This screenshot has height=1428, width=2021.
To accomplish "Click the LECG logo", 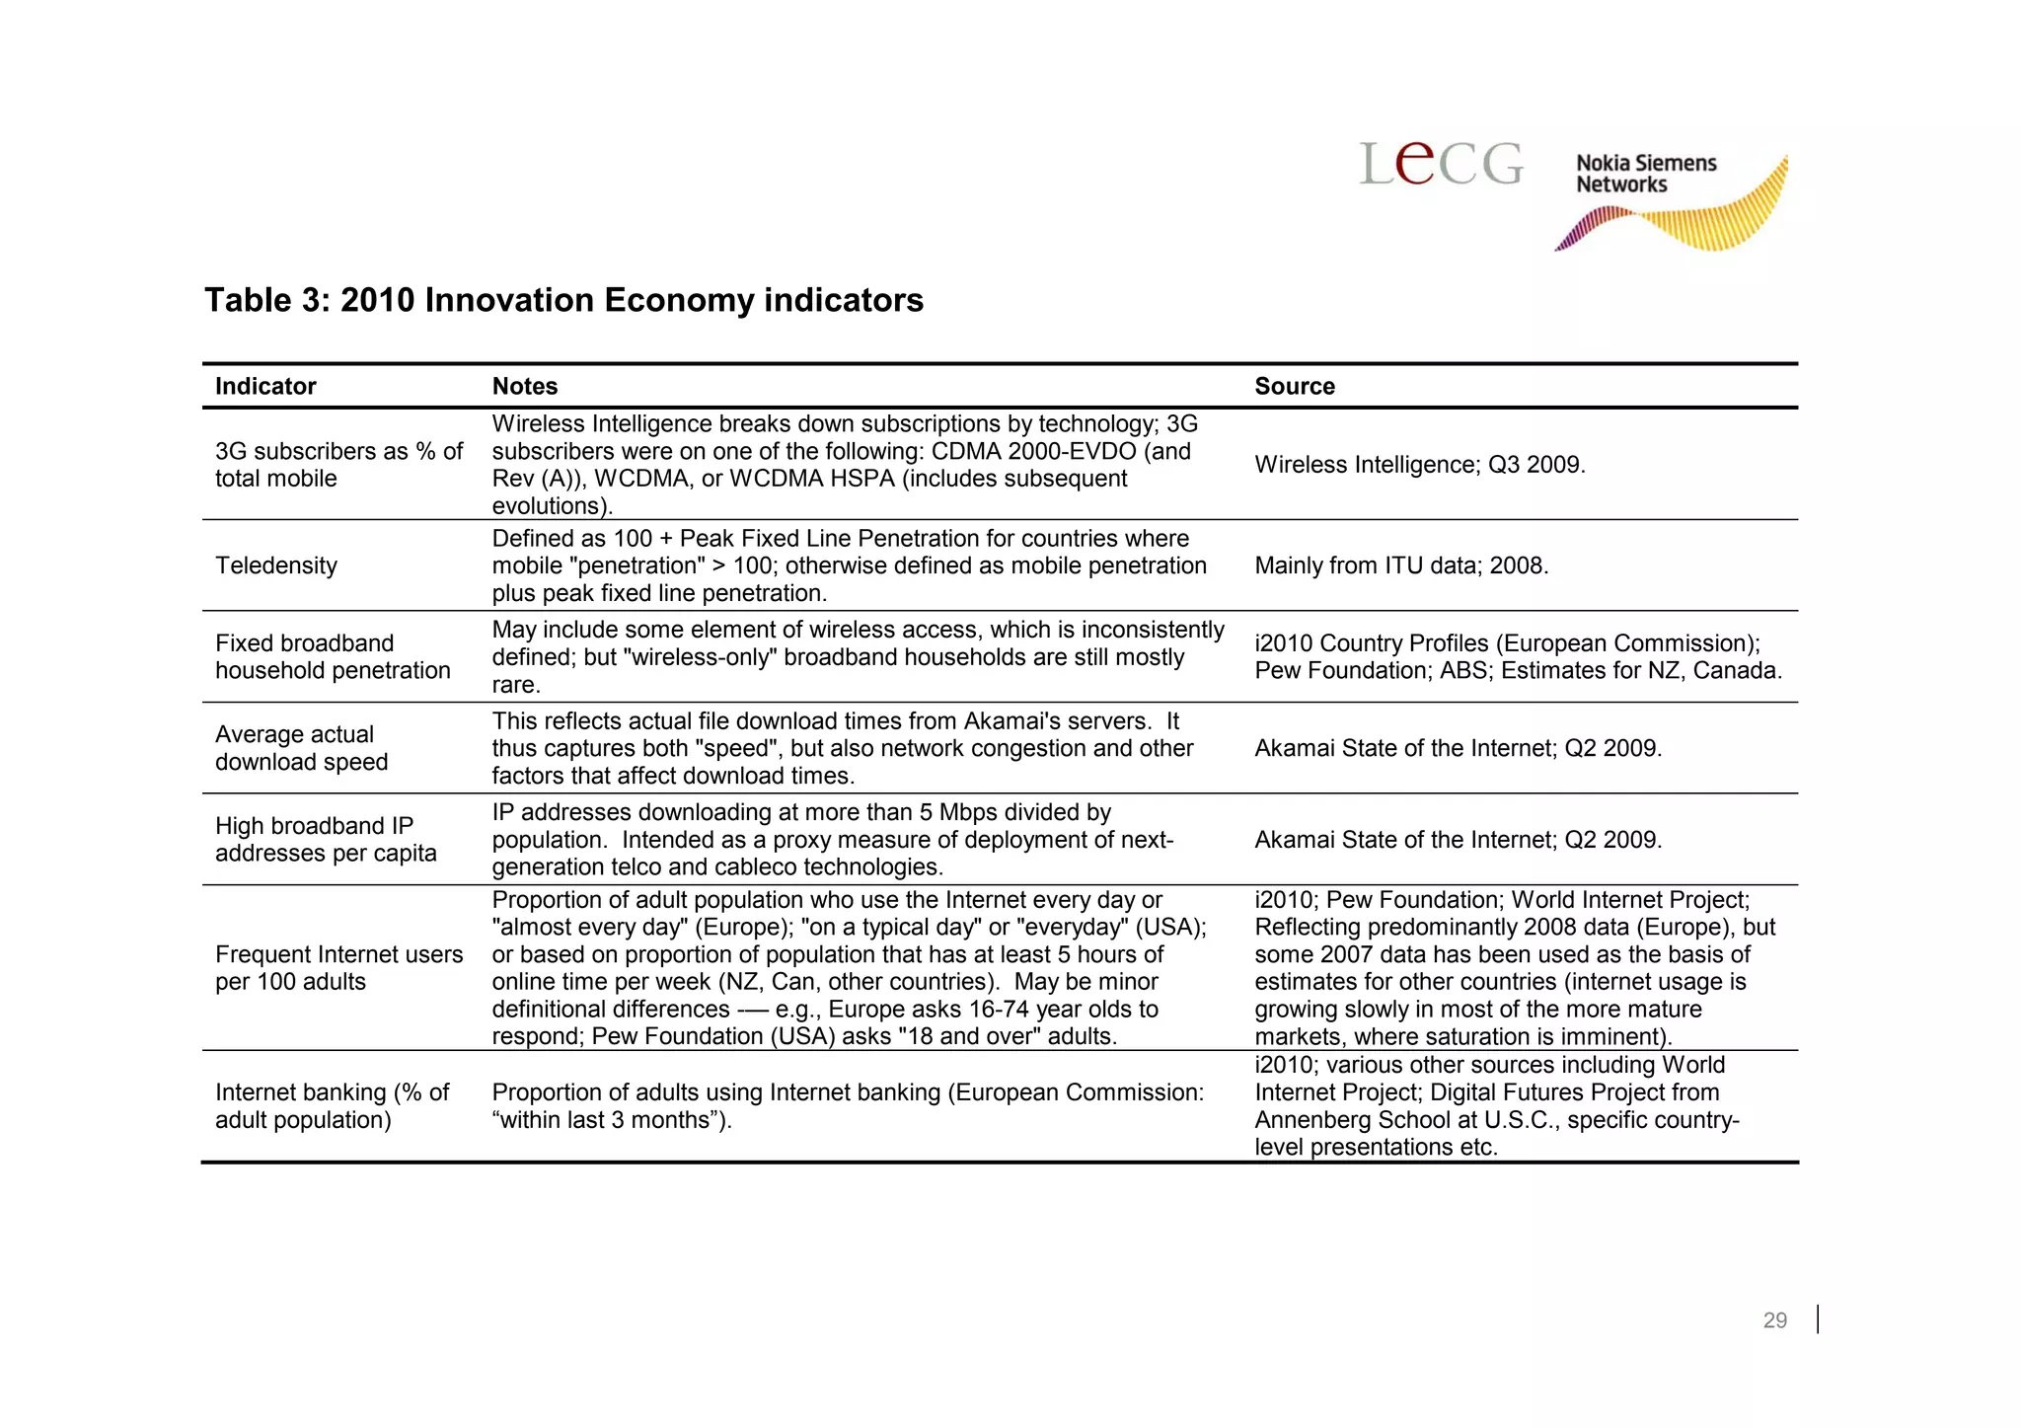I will coord(1442,164).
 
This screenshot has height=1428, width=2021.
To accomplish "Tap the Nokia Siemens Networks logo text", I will coord(1645,174).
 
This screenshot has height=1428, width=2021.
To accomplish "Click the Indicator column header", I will coord(265,386).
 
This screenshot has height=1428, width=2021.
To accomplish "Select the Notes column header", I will coord(525,386).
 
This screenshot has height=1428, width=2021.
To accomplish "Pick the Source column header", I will coord(1294,386).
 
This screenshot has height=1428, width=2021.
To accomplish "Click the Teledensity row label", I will coord(276,565).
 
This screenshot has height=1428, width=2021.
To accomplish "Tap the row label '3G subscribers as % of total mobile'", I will coord(338,465).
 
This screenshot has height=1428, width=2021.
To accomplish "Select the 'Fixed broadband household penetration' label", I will coord(333,656).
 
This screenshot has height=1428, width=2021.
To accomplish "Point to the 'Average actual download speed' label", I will coord(301,748).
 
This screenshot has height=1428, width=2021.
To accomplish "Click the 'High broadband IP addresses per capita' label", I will coord(326,839).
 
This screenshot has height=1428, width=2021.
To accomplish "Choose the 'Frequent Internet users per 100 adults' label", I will coord(338,968).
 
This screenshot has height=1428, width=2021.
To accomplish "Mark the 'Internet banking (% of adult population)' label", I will coord(332,1106).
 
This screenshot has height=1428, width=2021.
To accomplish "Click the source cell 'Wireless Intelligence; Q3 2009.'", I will coord(1419,465).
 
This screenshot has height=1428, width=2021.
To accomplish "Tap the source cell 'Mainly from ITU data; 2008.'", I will coord(1401,565).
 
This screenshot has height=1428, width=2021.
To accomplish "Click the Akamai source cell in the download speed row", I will coord(1458,748).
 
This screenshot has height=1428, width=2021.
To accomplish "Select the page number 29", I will coord(1774,1320).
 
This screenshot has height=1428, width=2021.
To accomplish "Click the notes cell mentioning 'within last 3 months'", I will coord(847,1106).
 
